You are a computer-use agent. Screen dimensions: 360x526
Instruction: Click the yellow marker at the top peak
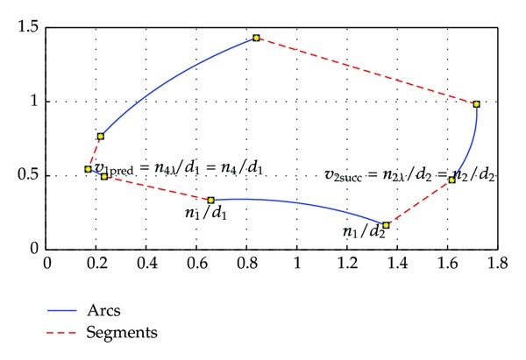pos(256,38)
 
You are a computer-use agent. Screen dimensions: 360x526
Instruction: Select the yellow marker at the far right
pos(476,104)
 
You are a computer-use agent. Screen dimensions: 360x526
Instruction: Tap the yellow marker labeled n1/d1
pos(210,200)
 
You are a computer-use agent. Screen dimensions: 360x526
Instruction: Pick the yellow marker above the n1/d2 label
pos(386,225)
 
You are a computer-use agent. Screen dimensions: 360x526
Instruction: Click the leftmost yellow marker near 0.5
pos(88,169)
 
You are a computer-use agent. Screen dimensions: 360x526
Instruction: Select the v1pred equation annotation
pos(179,166)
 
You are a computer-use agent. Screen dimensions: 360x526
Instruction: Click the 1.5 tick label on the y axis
pos(28,28)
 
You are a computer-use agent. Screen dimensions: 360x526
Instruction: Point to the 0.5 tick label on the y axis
pos(28,175)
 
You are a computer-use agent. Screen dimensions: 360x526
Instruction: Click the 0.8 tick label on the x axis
pos(247,263)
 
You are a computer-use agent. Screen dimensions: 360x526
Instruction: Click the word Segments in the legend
pos(122,332)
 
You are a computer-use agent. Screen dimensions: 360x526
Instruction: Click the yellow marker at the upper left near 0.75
pos(101,137)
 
